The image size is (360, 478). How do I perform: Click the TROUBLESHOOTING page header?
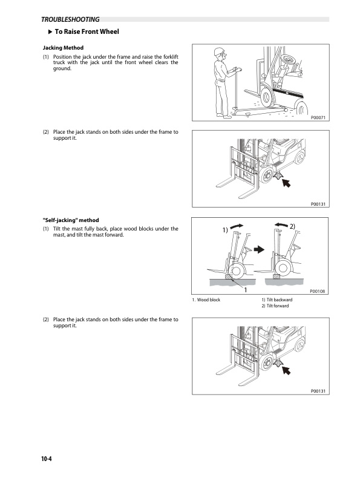click(70, 19)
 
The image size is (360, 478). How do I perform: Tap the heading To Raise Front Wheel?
click(87, 31)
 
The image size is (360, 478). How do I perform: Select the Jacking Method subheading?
click(63, 48)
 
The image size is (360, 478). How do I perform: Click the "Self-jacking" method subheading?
click(71, 220)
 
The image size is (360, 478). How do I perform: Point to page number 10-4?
click(47, 459)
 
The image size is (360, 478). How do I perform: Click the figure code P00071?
click(318, 117)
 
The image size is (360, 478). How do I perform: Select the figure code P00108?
click(317, 291)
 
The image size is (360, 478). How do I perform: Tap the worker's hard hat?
click(219, 51)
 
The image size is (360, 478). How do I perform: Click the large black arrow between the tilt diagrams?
click(259, 249)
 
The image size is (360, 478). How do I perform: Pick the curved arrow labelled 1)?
click(237, 226)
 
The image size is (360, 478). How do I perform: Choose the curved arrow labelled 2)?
click(281, 225)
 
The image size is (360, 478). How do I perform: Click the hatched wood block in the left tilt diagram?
click(228, 277)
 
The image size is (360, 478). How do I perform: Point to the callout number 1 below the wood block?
click(246, 290)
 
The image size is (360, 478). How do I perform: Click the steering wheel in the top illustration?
click(287, 59)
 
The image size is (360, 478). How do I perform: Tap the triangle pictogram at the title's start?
click(51, 31)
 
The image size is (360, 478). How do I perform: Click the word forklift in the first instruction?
click(171, 57)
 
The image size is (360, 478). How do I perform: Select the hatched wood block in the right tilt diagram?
click(277, 277)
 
